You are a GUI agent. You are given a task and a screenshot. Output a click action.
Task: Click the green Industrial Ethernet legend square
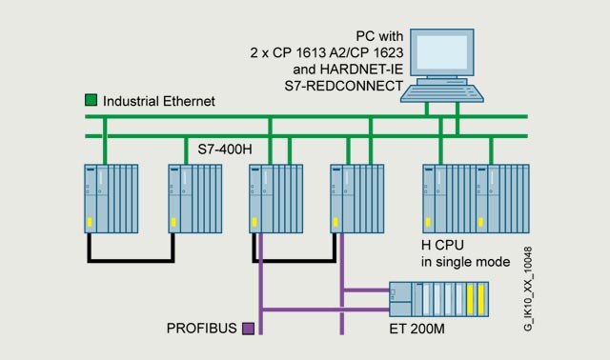(91, 100)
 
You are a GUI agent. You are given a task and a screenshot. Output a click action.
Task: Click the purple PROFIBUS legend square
(248, 329)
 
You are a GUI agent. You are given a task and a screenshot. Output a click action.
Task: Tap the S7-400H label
(225, 150)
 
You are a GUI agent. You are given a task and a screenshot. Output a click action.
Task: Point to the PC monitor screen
(442, 52)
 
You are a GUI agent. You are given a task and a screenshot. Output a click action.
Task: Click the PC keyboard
(442, 93)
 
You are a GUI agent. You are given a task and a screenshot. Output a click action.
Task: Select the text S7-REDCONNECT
(343, 86)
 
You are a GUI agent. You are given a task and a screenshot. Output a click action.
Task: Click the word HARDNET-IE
(361, 70)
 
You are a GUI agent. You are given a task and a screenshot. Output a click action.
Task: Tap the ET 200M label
(417, 329)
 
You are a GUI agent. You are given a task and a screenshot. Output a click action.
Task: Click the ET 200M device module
(438, 299)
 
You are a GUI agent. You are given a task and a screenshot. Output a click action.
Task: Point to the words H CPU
(442, 246)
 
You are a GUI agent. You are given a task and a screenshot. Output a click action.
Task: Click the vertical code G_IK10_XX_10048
(528, 289)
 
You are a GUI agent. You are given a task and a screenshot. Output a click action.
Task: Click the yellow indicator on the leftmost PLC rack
(90, 222)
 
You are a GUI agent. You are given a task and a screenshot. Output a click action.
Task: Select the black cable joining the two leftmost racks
(131, 260)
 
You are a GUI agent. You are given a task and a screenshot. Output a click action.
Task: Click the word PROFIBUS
(201, 329)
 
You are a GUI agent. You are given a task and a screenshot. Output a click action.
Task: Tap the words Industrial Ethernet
(159, 102)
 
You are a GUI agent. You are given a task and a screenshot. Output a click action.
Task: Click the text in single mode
(465, 262)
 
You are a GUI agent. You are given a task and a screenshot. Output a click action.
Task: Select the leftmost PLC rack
(112, 199)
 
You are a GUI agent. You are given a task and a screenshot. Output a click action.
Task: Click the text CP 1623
(376, 52)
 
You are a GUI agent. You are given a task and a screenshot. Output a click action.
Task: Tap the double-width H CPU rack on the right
(476, 199)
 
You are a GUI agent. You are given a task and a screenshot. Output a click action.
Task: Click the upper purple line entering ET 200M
(366, 290)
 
